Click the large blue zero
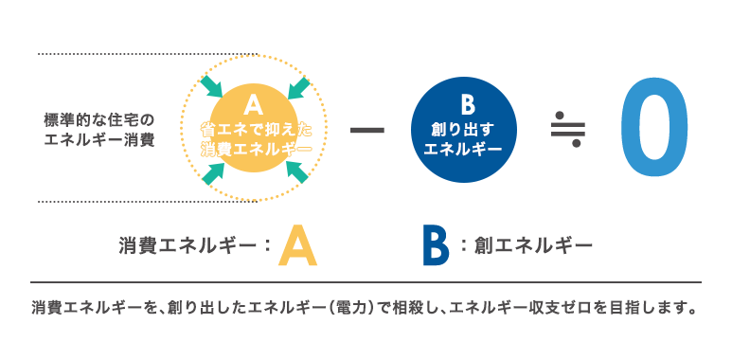pyautogui.click(x=654, y=128)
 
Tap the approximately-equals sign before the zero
pyautogui.click(x=567, y=128)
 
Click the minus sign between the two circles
pyautogui.click(x=367, y=130)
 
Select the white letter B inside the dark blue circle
pyautogui.click(x=467, y=105)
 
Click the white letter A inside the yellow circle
pyautogui.click(x=254, y=105)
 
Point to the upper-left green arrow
pyautogui.click(x=211, y=87)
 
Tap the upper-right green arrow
pyautogui.click(x=298, y=88)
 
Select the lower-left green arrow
pyautogui.click(x=213, y=171)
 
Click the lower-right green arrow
pyautogui.click(x=297, y=171)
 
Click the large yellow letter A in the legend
pyautogui.click(x=297, y=245)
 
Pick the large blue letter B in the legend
pyautogui.click(x=435, y=245)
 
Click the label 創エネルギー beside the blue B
pyautogui.click(x=532, y=245)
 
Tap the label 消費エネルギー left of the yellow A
pyautogui.click(x=188, y=245)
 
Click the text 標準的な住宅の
pyautogui.click(x=98, y=120)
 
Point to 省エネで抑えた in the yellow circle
pyautogui.click(x=256, y=130)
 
